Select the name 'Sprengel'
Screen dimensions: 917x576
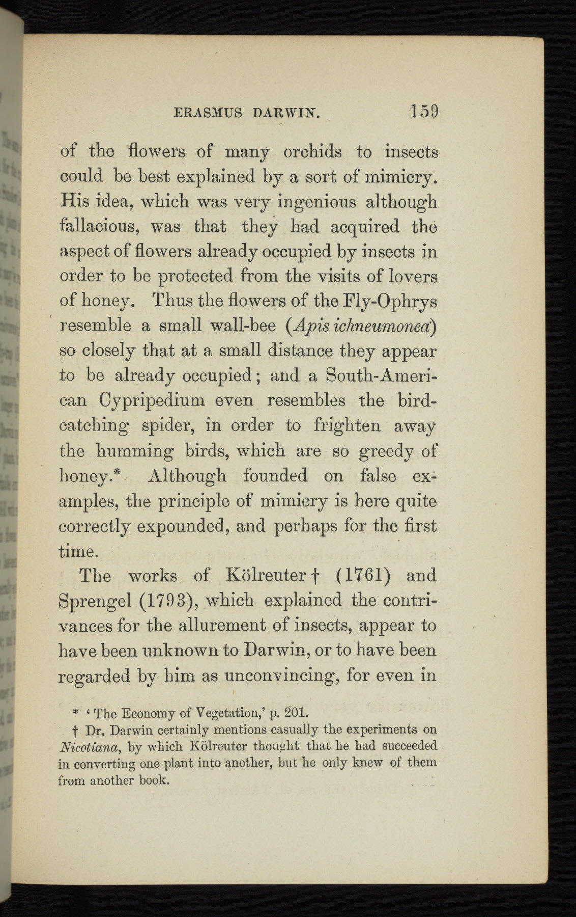(x=95, y=601)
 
